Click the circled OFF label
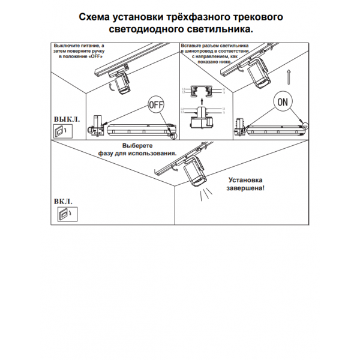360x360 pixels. [155, 104]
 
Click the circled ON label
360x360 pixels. [284, 102]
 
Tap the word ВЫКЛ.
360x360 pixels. [67, 119]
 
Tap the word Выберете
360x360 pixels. [138, 146]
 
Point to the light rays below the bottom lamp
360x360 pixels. [206, 192]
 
